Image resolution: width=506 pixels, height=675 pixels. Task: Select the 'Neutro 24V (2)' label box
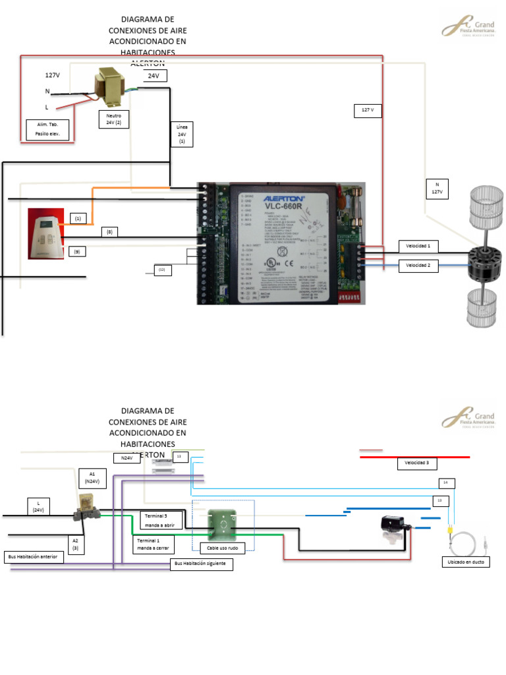(114, 119)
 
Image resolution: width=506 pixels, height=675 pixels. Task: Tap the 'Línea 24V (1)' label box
(182, 134)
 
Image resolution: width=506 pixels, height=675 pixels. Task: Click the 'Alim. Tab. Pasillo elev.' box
(47, 129)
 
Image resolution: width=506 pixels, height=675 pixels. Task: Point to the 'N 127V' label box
(436, 189)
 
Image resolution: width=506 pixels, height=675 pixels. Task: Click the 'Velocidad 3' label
(417, 463)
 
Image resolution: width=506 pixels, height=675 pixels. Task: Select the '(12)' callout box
(163, 269)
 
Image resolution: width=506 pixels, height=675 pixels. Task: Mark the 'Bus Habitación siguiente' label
(202, 564)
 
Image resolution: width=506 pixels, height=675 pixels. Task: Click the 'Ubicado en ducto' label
(465, 562)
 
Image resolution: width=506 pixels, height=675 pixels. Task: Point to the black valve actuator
(396, 524)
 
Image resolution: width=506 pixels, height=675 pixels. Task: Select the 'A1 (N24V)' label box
(92, 477)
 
